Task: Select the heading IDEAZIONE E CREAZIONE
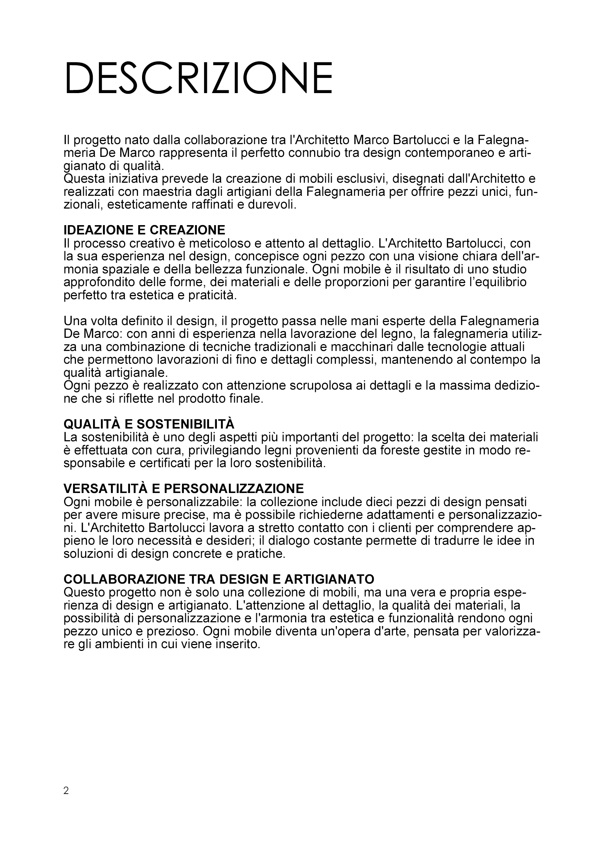tap(144, 230)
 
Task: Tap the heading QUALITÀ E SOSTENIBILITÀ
tap(149, 424)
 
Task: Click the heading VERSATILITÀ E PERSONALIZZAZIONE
tap(183, 489)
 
